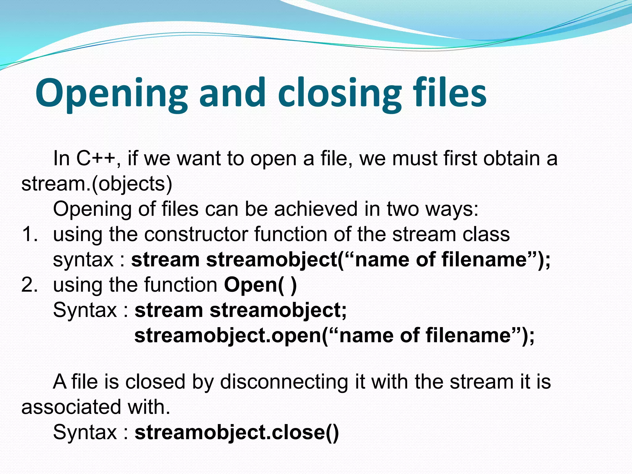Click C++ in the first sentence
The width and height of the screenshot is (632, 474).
(x=96, y=159)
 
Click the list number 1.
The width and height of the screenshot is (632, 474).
(x=30, y=235)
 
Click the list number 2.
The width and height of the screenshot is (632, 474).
(x=30, y=285)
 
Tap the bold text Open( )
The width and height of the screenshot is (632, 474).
(x=260, y=285)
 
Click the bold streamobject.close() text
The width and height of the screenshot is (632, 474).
(x=237, y=432)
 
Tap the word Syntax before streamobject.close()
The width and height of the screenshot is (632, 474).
(x=85, y=432)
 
